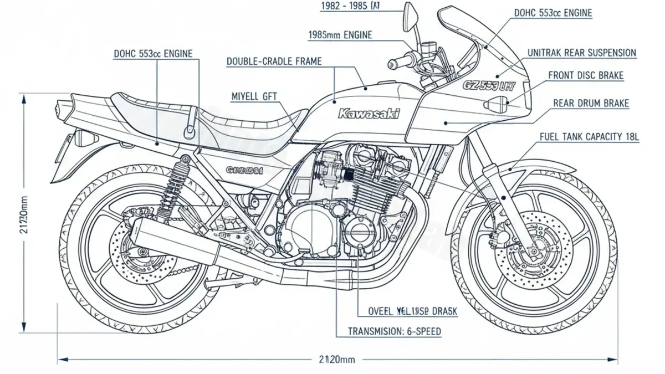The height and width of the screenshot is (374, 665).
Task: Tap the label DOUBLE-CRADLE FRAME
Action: [274, 62]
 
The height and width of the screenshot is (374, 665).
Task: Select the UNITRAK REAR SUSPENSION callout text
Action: [581, 53]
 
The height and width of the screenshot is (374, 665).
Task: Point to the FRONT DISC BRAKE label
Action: [586, 75]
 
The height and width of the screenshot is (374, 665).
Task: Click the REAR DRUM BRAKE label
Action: [591, 103]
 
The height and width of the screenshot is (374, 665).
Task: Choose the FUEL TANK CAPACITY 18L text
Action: [589, 136]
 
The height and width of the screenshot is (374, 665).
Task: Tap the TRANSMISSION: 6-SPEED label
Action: [395, 331]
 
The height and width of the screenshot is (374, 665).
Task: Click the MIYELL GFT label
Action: [254, 97]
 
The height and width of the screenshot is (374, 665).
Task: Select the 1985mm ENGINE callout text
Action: [340, 35]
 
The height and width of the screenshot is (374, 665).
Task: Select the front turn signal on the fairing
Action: [495, 104]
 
